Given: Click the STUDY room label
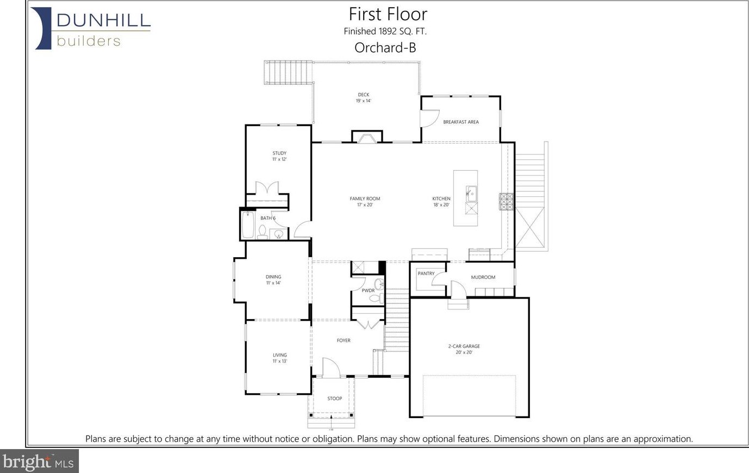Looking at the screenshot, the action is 279,153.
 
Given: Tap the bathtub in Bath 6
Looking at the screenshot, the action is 248,225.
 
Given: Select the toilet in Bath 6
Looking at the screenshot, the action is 263,232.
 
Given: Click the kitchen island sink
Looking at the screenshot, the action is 471,194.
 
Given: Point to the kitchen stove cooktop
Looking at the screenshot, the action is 506,202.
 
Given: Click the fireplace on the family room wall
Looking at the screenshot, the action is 367,137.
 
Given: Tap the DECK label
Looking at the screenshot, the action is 364,95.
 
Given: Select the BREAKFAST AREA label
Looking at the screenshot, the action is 461,122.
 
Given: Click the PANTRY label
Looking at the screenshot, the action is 426,273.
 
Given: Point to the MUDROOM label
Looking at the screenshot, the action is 483,277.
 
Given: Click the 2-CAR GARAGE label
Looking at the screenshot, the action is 464,346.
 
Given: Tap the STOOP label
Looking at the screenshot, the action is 334,399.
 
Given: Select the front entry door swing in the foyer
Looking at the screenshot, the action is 331,368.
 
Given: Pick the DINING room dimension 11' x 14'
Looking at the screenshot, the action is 273,283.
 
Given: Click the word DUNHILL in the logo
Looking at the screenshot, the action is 104,20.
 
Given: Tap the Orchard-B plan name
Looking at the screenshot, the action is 385,47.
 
